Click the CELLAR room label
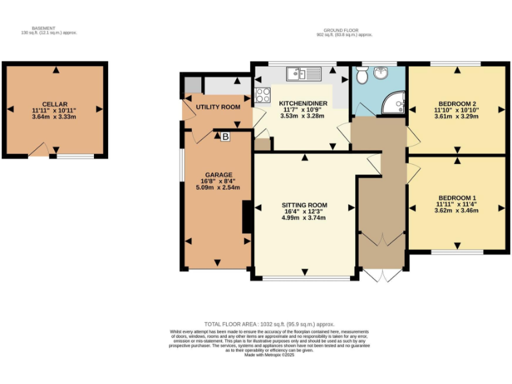point(55,104)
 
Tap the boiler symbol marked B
point(225,137)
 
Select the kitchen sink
point(304,74)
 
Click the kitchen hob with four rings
point(263,95)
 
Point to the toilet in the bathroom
point(362,75)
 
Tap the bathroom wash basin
point(381,73)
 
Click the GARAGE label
point(219,175)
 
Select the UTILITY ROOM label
point(218,107)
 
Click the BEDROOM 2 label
point(457,104)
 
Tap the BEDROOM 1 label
point(457,198)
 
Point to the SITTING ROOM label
point(304,205)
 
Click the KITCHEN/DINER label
point(303,103)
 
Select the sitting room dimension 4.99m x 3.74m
point(304,218)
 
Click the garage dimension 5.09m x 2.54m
point(218,187)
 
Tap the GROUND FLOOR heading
point(341,31)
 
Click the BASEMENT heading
point(43,29)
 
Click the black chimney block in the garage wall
point(247,217)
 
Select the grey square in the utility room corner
point(193,85)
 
